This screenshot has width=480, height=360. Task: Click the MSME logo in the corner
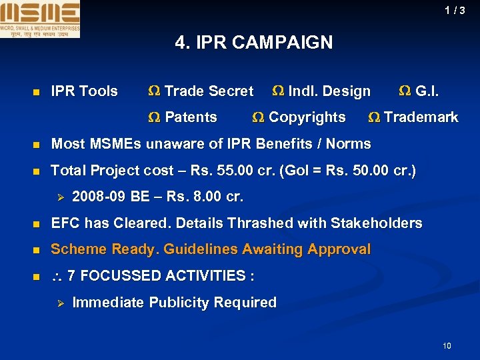tap(40, 19)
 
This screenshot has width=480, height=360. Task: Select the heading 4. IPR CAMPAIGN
tap(253, 43)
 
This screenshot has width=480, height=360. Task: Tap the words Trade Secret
tap(209, 91)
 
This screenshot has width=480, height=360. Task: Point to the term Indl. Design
tap(329, 91)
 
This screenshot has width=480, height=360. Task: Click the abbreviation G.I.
tap(427, 91)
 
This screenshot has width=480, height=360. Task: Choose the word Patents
tap(191, 118)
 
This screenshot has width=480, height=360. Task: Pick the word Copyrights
tap(307, 118)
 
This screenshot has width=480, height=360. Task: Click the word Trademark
tap(421, 118)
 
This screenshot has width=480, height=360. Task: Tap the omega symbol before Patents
tap(154, 118)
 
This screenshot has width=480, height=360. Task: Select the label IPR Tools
tap(85, 91)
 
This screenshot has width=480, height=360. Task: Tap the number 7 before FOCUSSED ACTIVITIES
tap(72, 276)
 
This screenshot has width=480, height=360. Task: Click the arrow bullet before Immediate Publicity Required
tap(59, 303)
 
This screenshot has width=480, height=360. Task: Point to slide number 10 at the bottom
tap(447, 345)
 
